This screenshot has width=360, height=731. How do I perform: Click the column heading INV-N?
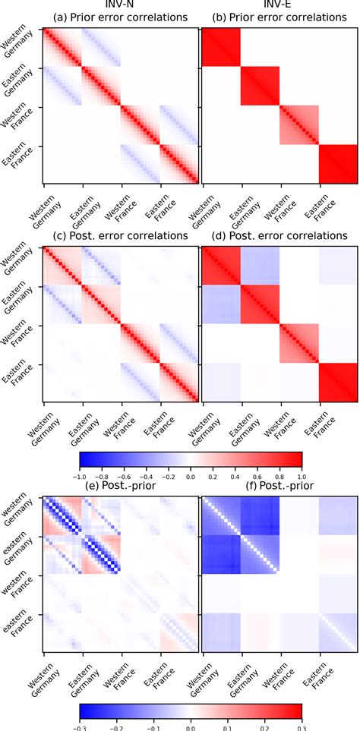(x=120, y=5)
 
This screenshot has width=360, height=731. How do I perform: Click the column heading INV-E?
(x=278, y=5)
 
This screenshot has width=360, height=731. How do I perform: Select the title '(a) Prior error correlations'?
(x=120, y=17)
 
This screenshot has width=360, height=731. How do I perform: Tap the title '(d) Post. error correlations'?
(x=278, y=235)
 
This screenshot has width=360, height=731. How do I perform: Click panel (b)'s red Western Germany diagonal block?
(x=220, y=47)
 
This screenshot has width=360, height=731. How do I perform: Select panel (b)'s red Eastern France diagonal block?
(x=337, y=164)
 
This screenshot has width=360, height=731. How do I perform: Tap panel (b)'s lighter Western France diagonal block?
(x=298, y=125)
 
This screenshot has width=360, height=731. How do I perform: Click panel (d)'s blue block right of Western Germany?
(x=260, y=266)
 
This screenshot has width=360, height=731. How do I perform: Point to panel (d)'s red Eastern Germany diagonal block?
(x=260, y=304)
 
